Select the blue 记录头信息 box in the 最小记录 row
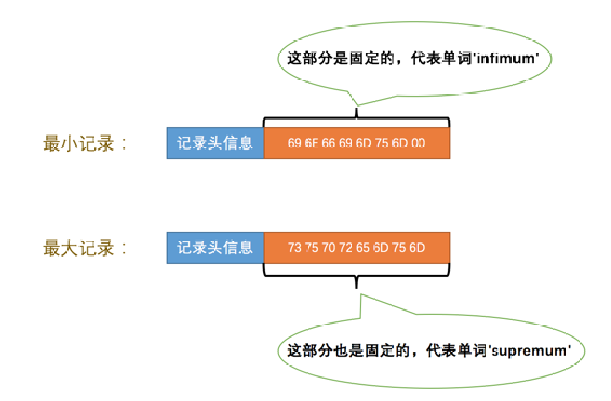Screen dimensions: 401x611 point(215,143)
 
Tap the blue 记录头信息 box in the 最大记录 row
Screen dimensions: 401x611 point(215,248)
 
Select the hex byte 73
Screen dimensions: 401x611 point(294,248)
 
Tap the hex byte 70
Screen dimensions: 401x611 point(329,248)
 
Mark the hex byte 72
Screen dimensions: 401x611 point(346,248)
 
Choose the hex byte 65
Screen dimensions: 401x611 point(363,248)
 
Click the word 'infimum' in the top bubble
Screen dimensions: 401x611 point(513,59)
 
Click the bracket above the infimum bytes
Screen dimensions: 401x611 point(356,118)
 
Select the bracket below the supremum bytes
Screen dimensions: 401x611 point(356,275)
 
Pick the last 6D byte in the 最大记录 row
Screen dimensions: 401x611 point(417,248)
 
